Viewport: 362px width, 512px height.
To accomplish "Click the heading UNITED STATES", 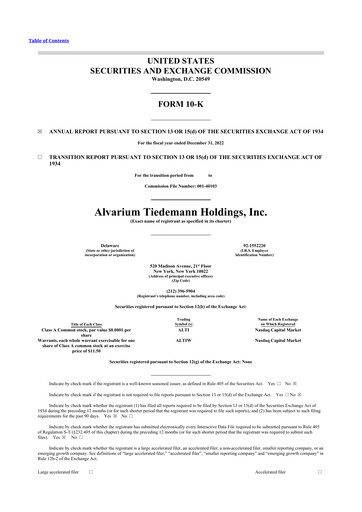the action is click(181, 62).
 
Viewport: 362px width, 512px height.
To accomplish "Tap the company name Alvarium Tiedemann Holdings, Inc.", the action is click(181, 213).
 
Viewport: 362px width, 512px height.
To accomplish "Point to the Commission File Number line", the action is click(181, 187).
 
